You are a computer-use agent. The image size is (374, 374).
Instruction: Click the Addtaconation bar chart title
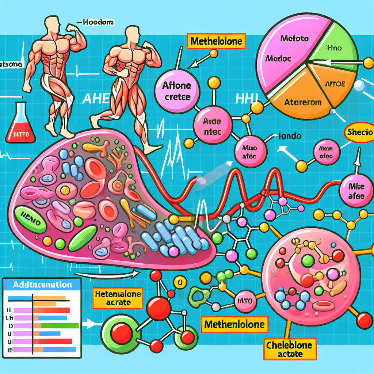click(41, 285)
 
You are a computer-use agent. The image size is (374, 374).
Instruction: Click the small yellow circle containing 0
click(179, 282)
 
